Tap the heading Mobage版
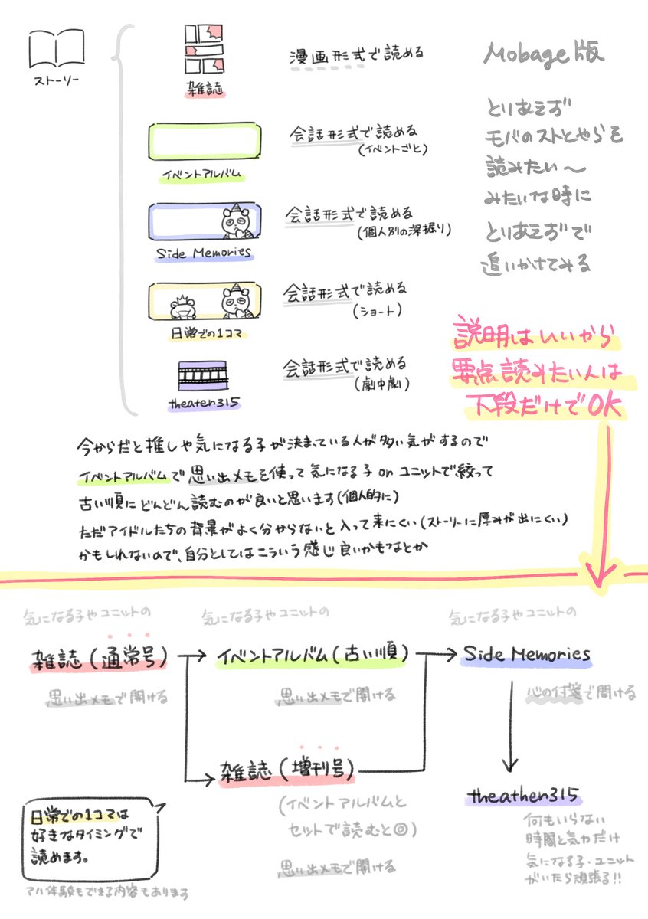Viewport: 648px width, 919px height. point(544,53)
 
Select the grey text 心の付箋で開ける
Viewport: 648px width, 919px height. point(582,694)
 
